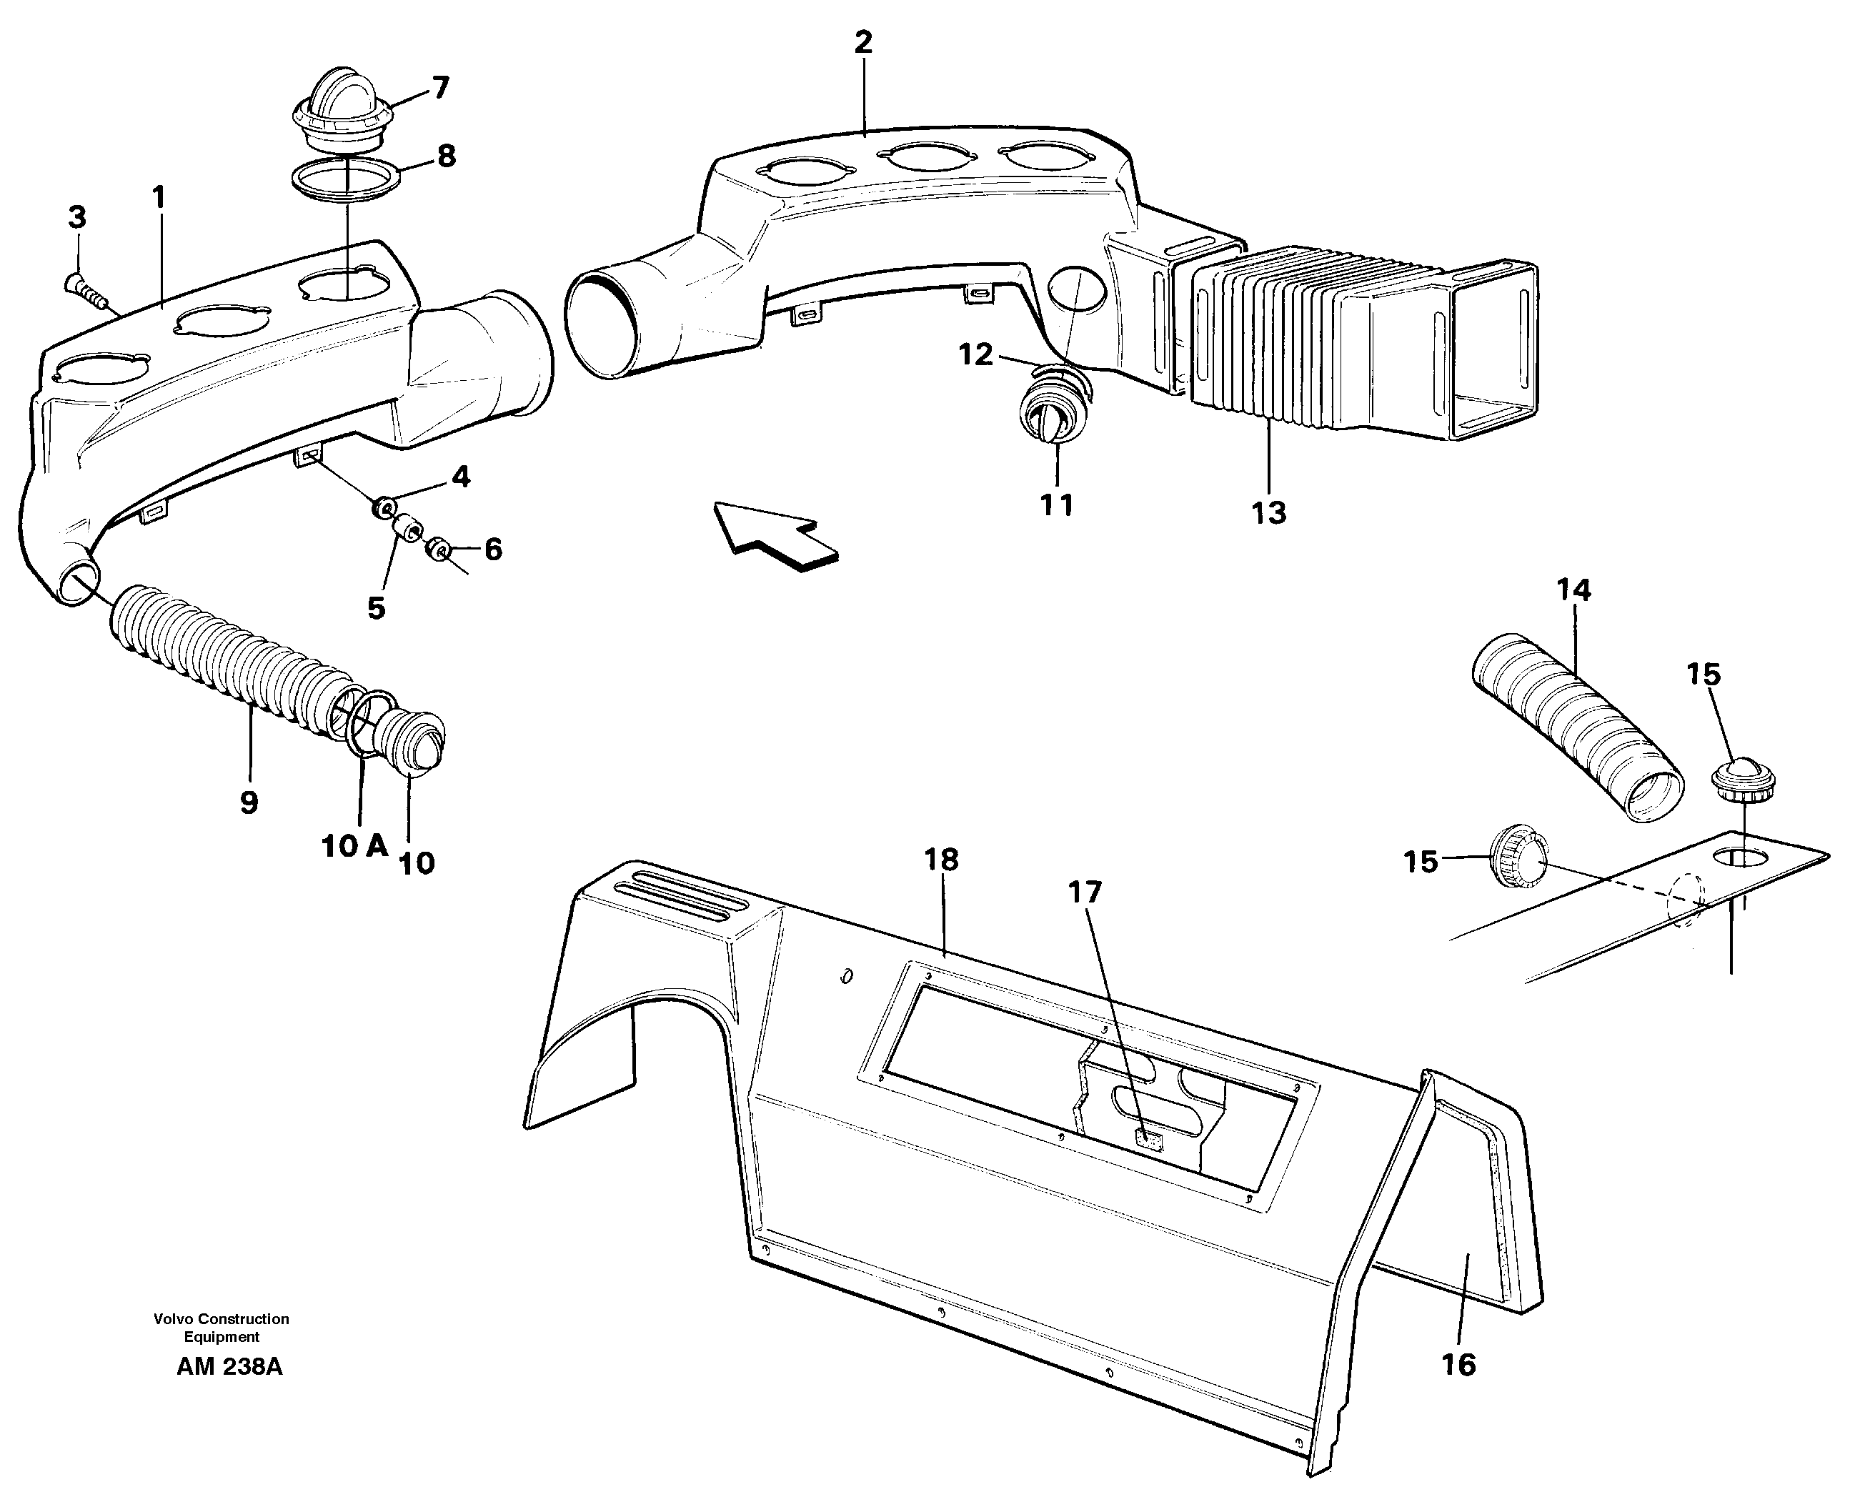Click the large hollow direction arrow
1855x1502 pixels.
[x=775, y=537]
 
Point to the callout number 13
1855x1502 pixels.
[x=1269, y=513]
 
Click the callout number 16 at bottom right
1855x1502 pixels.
[x=1458, y=1364]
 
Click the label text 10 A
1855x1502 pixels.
[x=354, y=845]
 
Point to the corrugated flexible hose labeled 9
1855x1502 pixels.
[x=225, y=666]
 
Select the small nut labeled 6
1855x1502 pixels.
[x=440, y=550]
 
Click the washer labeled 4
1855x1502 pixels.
[x=382, y=508]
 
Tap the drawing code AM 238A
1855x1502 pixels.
[x=229, y=1366]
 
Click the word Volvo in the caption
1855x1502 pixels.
[x=173, y=1318]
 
